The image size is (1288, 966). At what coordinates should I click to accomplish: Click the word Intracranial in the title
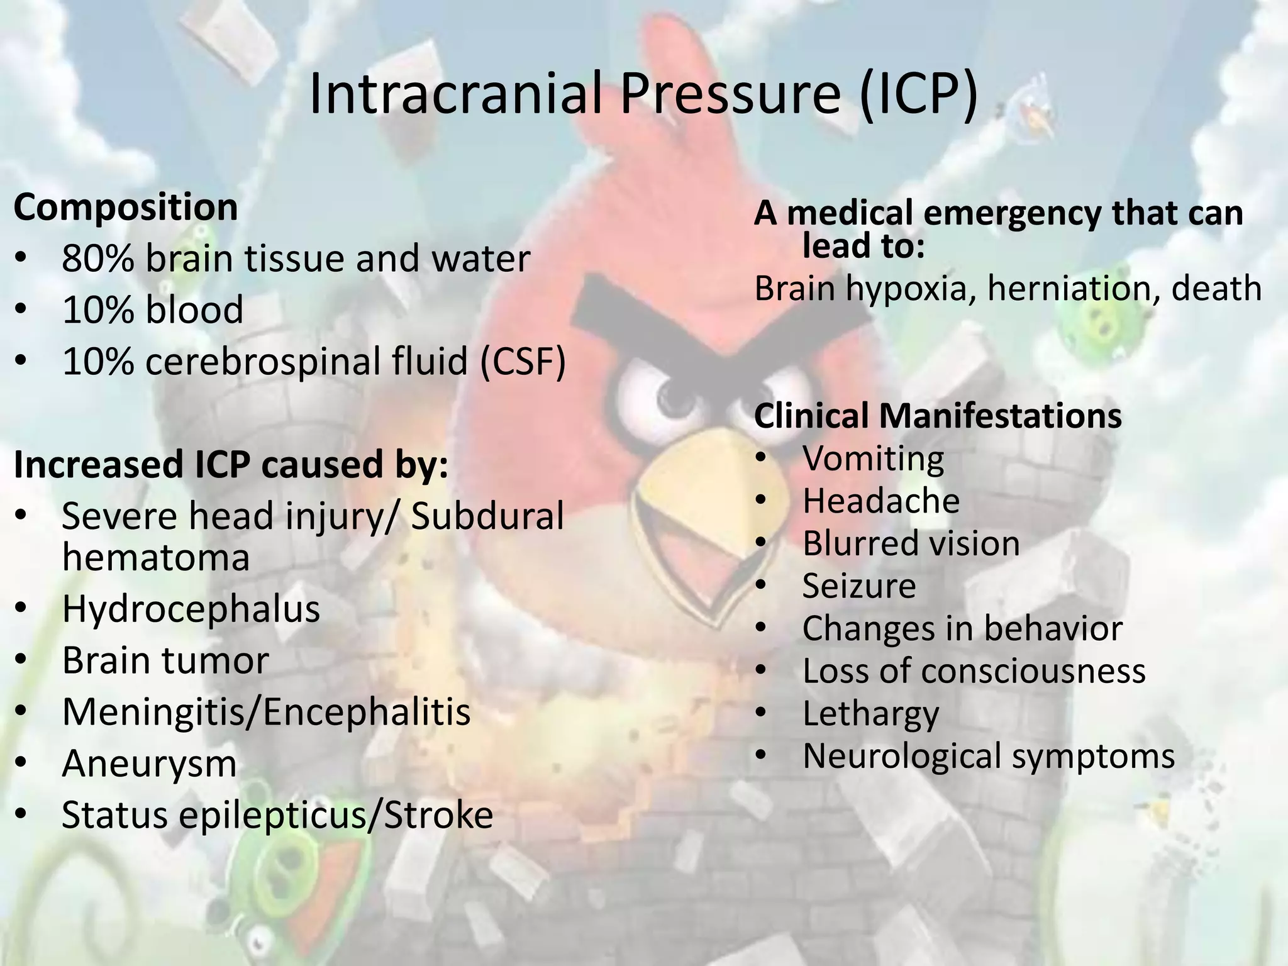coord(457,94)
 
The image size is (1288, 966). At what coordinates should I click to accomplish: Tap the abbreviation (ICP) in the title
coord(918,94)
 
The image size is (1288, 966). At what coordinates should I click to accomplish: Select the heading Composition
coord(126,208)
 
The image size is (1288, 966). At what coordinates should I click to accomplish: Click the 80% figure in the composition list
coord(97,259)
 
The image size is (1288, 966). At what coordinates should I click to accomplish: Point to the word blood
coord(194,310)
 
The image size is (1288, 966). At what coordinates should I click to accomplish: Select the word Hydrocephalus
coord(191,609)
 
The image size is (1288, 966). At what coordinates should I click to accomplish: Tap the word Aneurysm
coord(149,764)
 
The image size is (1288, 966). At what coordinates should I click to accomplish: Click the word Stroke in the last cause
coord(438,816)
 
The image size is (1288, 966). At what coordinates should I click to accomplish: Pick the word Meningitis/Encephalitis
coord(266,713)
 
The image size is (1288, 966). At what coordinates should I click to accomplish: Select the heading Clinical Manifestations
coord(938,416)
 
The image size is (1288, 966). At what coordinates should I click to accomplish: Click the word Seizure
coord(859,587)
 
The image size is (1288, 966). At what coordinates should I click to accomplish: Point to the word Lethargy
coord(870,714)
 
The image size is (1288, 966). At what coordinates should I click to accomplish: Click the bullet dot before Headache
coord(762,502)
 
